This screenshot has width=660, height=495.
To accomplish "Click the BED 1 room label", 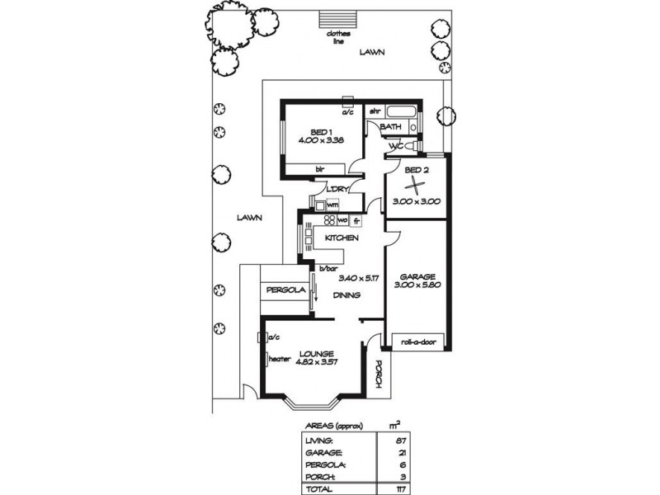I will point(321,132).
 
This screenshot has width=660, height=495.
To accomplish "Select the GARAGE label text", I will point(417,276).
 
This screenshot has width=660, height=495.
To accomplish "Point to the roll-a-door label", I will point(417,342).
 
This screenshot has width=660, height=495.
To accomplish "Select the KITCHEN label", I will point(341,238).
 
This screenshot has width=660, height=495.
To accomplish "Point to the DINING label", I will point(346,295).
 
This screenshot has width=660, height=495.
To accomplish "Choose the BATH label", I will point(391,127).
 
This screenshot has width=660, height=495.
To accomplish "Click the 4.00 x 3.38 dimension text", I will point(321,140).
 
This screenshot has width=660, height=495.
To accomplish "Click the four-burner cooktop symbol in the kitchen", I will point(328,221).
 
